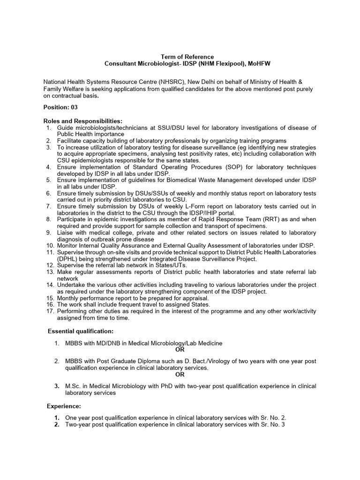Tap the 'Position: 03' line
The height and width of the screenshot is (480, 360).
[x=60, y=107]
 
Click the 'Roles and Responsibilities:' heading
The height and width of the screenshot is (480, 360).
[x=82, y=121]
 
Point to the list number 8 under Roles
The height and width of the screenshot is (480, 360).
[x=48, y=219]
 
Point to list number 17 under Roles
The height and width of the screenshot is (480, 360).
[x=50, y=311]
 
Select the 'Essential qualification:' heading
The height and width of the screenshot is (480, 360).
[x=81, y=331]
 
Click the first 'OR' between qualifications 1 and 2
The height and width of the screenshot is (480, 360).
[x=180, y=350]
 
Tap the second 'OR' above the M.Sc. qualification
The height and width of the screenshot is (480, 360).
[x=180, y=375]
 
